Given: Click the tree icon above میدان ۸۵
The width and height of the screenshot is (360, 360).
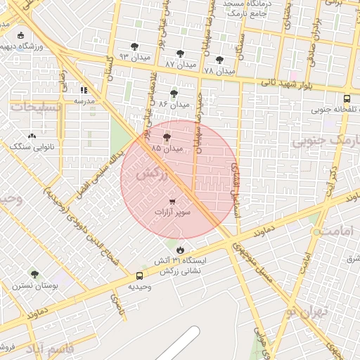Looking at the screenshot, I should (167, 138).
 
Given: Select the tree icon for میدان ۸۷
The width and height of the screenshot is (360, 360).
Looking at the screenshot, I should (181, 53).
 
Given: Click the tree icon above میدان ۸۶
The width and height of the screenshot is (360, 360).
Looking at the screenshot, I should (174, 93).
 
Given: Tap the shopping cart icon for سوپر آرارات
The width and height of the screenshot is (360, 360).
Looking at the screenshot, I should (172, 201).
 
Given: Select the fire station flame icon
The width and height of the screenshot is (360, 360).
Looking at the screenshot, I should (181, 250).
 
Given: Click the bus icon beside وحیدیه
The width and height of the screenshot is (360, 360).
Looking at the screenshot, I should (140, 276).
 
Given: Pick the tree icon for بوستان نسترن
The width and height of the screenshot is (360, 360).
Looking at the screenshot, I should (34, 274).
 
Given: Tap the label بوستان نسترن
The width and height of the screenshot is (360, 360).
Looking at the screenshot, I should (34, 286).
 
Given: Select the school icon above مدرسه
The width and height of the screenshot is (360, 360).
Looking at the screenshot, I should (84, 90).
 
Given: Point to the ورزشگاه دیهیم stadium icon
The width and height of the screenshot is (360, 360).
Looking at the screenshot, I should (20, 36).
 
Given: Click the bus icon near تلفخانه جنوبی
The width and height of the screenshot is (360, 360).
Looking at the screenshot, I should (347, 99).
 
